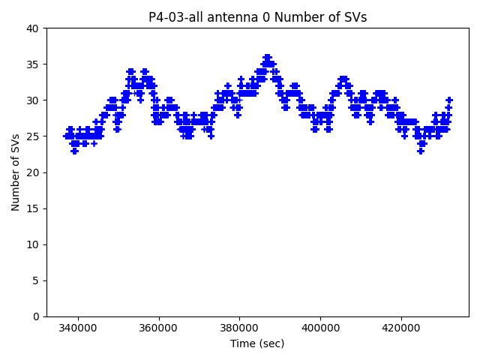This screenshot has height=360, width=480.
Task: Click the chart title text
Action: click(257, 17)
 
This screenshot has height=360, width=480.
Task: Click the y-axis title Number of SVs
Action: click(16, 172)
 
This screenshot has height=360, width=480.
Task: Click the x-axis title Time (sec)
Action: click(257, 343)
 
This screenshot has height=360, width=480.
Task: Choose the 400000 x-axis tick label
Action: click(320, 328)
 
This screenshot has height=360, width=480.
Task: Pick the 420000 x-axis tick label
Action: click(400, 328)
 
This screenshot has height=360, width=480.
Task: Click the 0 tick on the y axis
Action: click(36, 316)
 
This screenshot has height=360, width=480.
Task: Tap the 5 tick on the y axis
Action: click(36, 280)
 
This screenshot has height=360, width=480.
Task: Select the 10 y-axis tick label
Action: click(34, 244)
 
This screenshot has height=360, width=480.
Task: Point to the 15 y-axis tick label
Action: click(34, 208)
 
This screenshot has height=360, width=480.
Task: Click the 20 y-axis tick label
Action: click(34, 172)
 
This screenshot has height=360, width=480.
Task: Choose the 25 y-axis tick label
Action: click(34, 136)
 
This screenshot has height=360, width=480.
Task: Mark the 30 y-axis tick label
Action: click(34, 100)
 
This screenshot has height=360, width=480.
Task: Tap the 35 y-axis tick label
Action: click(34, 64)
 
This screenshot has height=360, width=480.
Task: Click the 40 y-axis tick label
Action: click(34, 28)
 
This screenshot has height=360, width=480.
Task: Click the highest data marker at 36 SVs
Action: click(267, 57)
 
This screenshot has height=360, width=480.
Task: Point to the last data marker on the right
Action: click(449, 100)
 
